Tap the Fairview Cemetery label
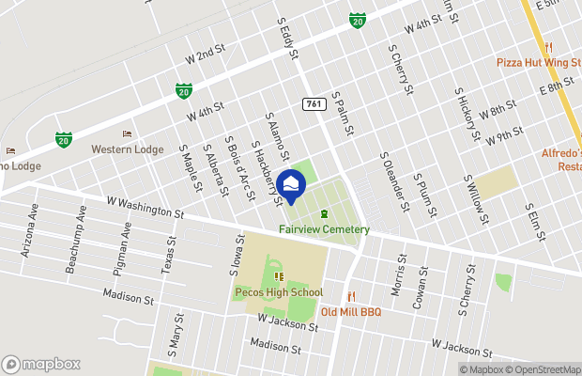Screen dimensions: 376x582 [324, 229]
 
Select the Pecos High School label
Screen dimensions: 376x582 [278, 292]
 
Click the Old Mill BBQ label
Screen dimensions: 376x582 [350, 311]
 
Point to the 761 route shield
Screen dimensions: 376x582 [314, 104]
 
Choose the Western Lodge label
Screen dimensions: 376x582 [127, 149]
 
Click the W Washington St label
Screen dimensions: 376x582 [145, 207]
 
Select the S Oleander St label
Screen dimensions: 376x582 [394, 174]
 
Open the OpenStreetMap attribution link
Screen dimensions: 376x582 [540, 369]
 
